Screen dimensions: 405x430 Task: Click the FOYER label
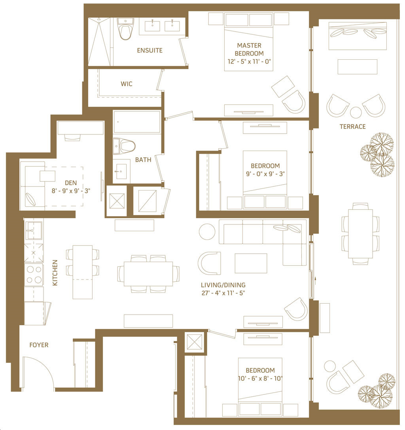[39, 345]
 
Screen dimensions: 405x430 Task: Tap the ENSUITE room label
[150, 51]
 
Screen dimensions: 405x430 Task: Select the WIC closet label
[127, 84]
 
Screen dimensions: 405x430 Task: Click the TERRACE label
[352, 127]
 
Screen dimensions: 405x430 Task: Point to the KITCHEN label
[55, 273]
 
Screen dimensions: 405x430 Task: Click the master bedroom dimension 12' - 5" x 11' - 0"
[249, 61]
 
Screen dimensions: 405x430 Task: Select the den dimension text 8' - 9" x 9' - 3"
[71, 191]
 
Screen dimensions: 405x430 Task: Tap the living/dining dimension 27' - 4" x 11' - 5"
[223, 293]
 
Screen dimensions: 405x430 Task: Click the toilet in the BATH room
[124, 146]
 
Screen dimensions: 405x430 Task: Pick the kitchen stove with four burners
[34, 275]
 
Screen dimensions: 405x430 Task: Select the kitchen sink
[34, 230]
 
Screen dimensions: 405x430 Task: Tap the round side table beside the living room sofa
[207, 232]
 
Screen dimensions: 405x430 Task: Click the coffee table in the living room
[251, 263]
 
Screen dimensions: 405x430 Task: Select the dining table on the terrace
[360, 234]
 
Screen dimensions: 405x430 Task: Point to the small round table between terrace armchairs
[356, 112]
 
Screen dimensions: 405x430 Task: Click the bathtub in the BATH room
[137, 122]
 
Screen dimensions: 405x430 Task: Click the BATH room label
[143, 160]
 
